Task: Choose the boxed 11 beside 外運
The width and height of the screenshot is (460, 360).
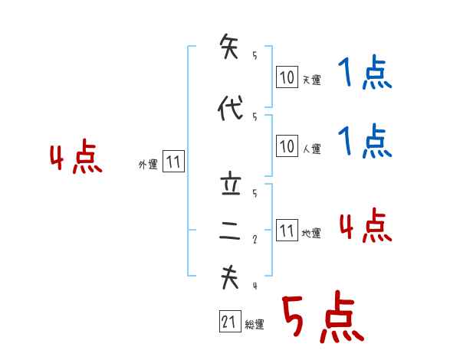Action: pos(173,162)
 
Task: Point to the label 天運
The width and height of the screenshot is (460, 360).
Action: pos(311,80)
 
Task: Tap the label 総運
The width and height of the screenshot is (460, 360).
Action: pos(255,325)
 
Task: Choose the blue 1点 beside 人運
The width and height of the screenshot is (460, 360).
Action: pos(364,142)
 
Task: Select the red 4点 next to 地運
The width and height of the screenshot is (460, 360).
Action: pos(366,226)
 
